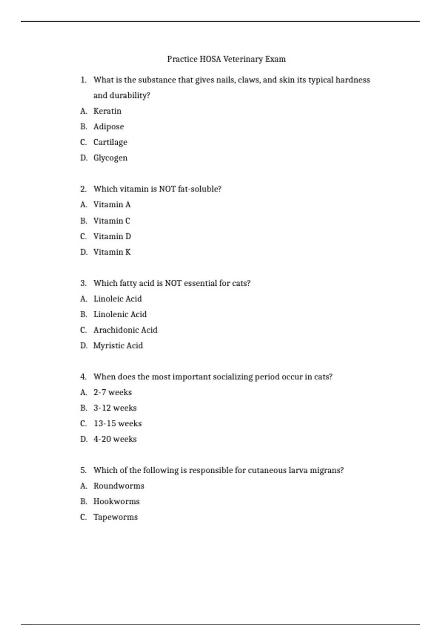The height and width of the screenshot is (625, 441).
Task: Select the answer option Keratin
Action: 107,111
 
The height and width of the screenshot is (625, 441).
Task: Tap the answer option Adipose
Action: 108,126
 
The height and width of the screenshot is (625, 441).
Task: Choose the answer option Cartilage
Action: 110,142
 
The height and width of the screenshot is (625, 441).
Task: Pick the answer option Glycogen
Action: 110,158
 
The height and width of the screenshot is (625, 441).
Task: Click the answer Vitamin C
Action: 111,221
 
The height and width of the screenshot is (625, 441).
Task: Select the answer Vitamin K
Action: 112,252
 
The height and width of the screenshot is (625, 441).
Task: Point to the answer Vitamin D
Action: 112,236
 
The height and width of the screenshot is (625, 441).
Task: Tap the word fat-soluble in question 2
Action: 199,189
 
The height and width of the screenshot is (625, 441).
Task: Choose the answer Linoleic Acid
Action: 117,299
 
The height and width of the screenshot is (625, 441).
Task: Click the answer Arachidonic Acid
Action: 125,330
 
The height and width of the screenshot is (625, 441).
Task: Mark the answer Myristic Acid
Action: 118,346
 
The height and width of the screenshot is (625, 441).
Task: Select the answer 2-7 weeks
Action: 112,392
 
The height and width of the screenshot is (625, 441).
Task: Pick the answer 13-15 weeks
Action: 117,424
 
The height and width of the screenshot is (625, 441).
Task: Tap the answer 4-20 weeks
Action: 115,439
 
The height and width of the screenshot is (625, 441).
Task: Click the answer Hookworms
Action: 116,501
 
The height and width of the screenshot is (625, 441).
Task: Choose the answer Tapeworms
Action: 115,517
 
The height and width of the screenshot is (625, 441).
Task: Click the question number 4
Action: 83,377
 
